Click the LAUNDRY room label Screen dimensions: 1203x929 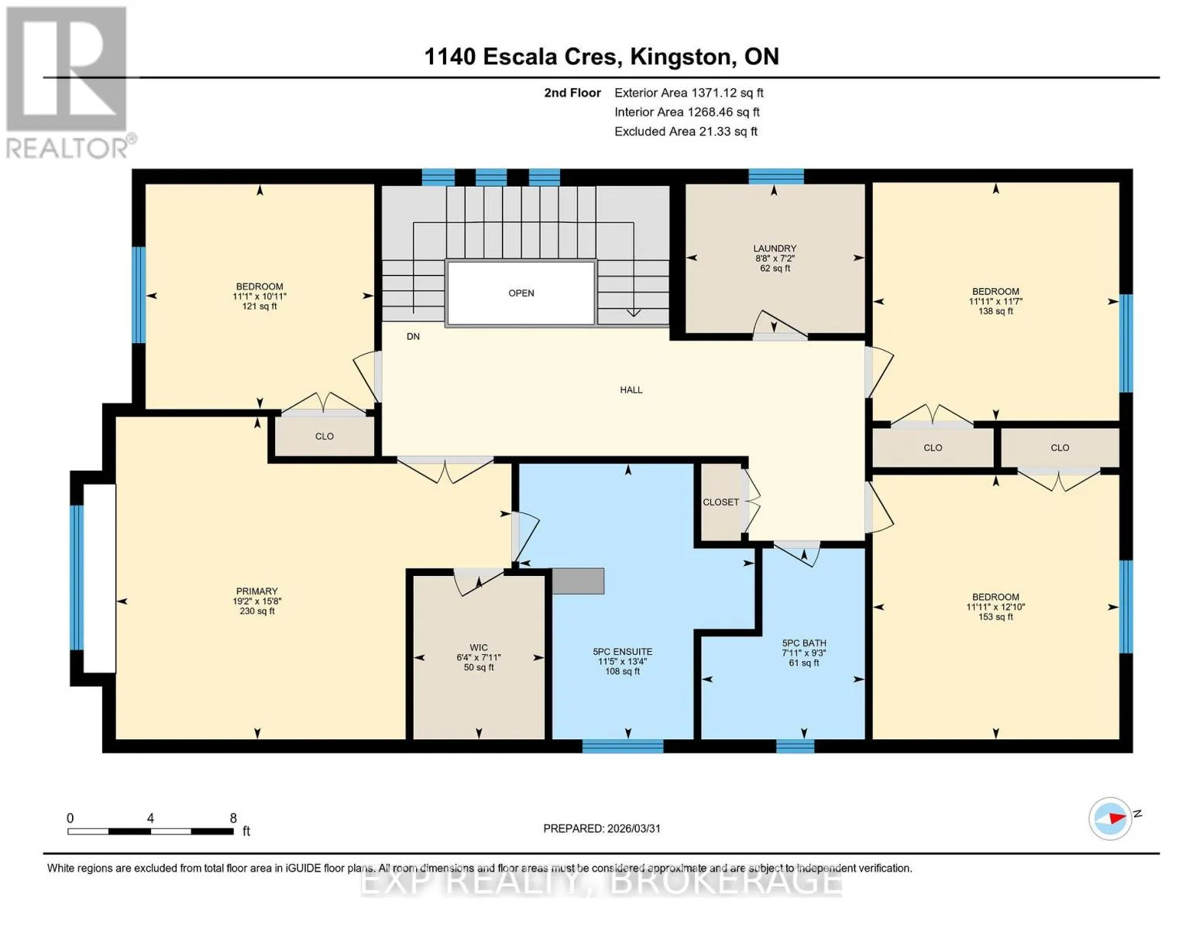coord(775,249)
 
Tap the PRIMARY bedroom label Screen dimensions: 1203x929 coord(256,591)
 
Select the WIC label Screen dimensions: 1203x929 coord(478,647)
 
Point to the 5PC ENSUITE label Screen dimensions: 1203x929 coord(622,652)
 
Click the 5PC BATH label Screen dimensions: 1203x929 coord(804,643)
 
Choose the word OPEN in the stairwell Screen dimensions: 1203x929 coord(521,293)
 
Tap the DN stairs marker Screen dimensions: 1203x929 coord(413,337)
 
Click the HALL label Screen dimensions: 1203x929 coord(631,390)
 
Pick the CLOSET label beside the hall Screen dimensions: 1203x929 coord(720,502)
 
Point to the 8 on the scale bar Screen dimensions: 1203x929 coord(233,818)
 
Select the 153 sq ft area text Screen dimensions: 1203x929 coord(995,617)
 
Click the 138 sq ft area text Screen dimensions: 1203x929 coord(995,311)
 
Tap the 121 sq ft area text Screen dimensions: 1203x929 coord(259,307)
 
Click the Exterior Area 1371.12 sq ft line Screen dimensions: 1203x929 coord(689,93)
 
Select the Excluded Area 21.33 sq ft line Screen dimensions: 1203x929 coord(686,132)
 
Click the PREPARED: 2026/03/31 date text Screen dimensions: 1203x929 coord(602,829)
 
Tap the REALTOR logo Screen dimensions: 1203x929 coord(69,83)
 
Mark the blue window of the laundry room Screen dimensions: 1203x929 coord(775,177)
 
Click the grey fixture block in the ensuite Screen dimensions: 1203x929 coord(578,581)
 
